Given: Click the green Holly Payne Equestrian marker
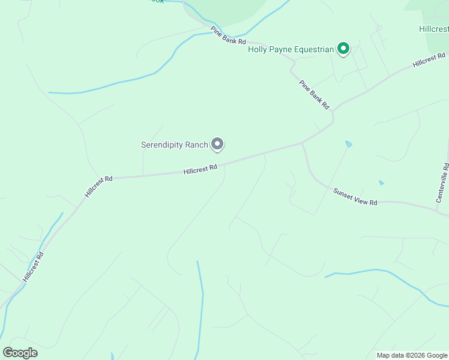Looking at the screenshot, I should tap(343, 48).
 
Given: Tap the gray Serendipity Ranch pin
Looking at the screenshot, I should tap(217, 144).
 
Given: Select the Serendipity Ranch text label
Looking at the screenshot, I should tap(174, 145).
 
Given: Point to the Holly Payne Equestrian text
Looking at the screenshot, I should tap(291, 49).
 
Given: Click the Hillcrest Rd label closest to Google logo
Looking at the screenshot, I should tap(34, 267).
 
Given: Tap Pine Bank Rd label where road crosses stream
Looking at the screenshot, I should tap(228, 35).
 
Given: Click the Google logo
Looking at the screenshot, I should tap(20, 353).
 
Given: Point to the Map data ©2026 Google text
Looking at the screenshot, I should tap(412, 355).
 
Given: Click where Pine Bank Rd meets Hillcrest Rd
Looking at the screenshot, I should tap(334, 110).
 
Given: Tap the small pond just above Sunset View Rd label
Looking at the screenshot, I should tap(381, 182).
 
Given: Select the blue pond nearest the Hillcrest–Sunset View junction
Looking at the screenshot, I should tap(348, 144).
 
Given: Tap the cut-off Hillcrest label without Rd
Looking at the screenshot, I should tap(433, 29).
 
